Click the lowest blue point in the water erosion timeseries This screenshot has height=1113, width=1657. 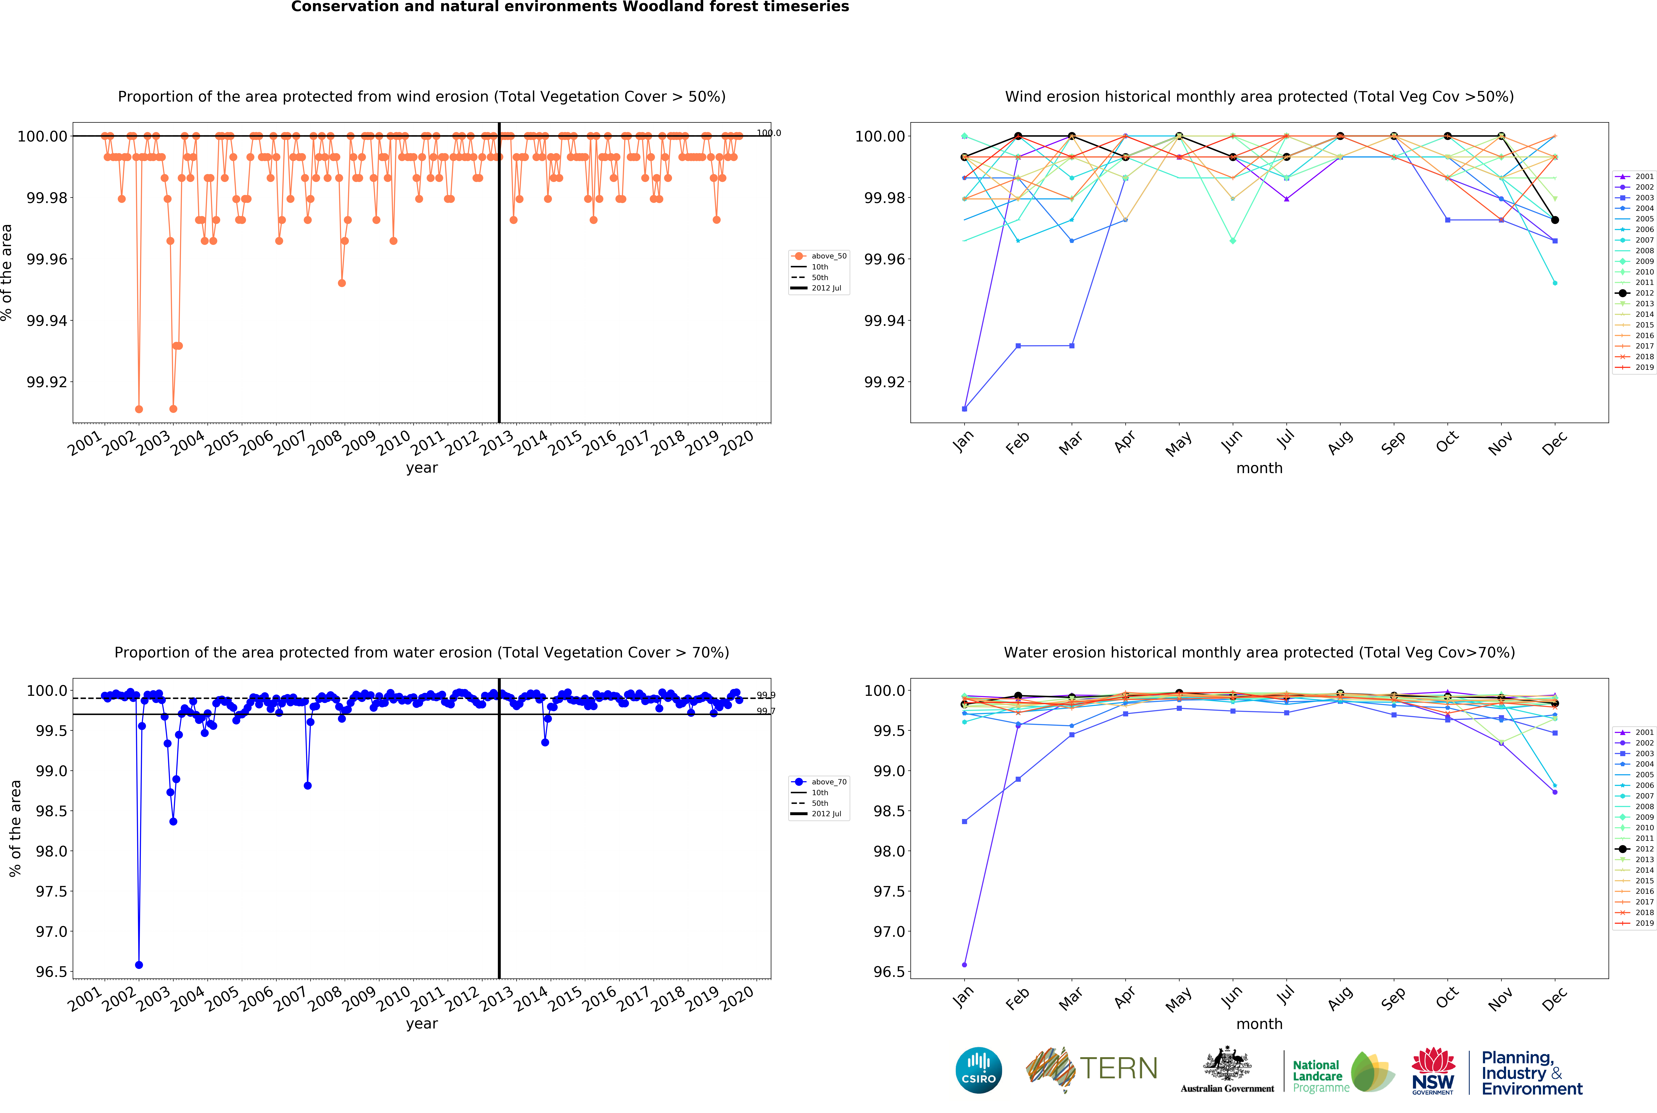(139, 965)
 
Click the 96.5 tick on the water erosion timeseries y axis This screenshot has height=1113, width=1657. (52, 972)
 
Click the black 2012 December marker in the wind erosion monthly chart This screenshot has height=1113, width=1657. (1555, 220)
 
